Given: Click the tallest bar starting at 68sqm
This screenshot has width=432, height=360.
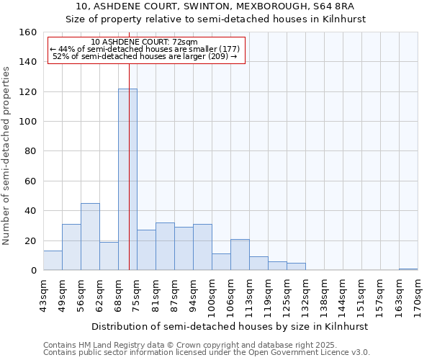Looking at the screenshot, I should (127, 180).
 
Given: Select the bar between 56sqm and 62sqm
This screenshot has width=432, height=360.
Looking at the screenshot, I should (90, 237).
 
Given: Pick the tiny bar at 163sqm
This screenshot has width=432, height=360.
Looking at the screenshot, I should (408, 269).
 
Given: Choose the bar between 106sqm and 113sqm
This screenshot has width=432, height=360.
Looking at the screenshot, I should (240, 255).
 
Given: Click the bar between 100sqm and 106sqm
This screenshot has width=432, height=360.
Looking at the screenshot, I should (221, 262).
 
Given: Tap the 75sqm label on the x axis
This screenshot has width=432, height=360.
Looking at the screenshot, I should (137, 292).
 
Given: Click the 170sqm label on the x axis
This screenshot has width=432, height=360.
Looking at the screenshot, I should (418, 294).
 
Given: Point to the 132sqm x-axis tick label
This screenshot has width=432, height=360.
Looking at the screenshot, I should (305, 294).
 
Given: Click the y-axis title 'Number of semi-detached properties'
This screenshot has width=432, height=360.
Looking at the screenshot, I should (6, 152).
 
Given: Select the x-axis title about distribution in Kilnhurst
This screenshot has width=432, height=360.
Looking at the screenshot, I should (230, 326).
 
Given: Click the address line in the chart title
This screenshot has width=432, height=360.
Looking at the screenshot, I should (215, 6).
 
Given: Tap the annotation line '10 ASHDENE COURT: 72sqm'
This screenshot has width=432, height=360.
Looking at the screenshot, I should (144, 42).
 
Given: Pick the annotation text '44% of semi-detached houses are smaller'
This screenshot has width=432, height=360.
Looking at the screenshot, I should (144, 49).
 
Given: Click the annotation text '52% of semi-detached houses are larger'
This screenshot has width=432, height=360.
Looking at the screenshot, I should (144, 56).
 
